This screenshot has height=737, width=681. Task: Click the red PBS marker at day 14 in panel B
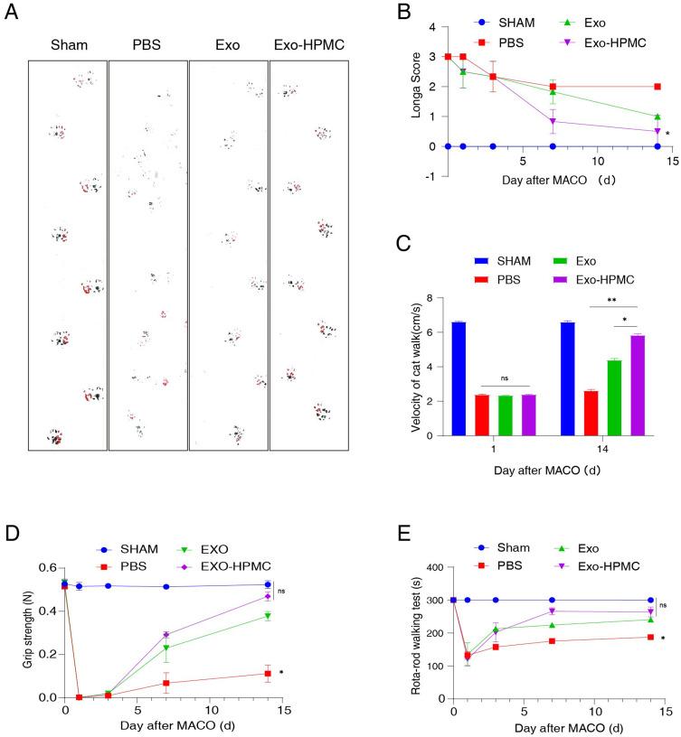657,87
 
